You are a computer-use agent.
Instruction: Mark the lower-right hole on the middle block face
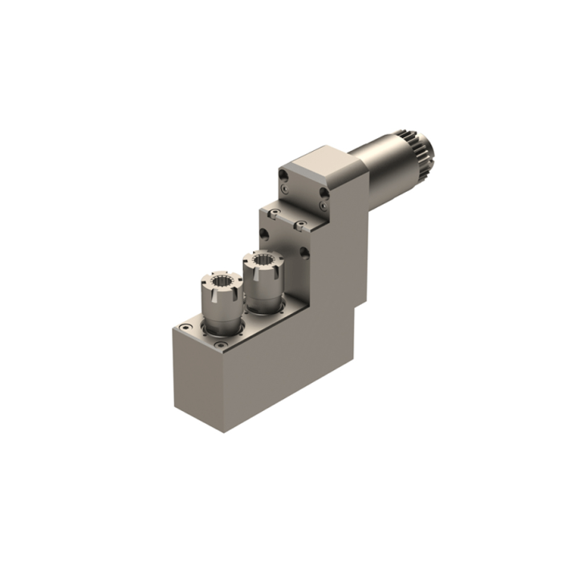pyautogui.click(x=304, y=255)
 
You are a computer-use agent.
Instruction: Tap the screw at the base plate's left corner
pyautogui.click(x=185, y=328)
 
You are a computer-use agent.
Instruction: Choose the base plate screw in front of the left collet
pyautogui.click(x=220, y=344)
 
